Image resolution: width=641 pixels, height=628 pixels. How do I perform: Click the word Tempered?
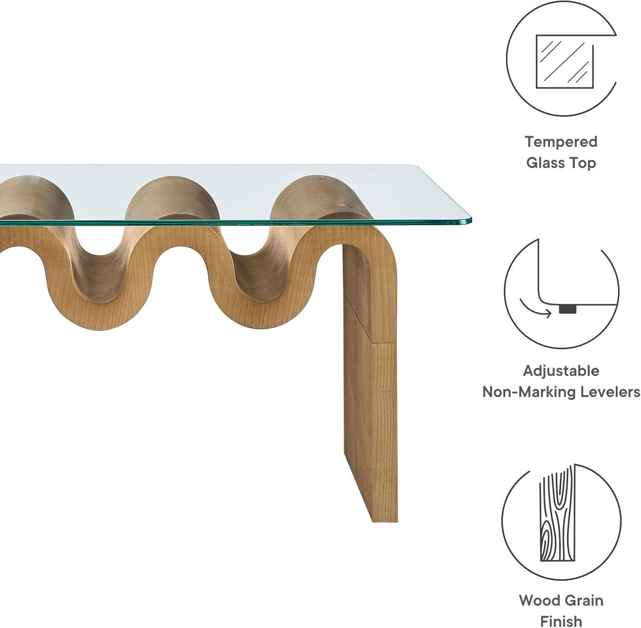click(561, 142)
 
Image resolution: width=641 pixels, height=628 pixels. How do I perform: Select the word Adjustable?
click(561, 371)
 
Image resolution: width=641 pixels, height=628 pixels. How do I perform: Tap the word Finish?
click(561, 621)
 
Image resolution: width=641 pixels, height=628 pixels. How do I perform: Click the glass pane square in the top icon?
click(565, 62)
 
